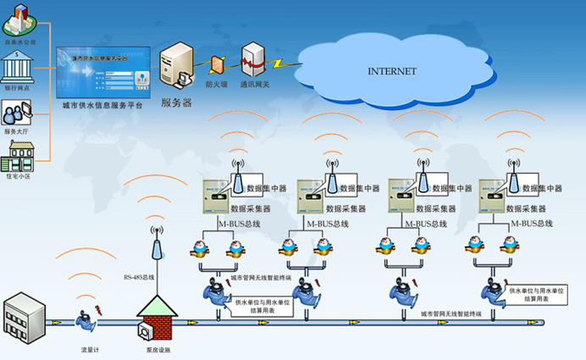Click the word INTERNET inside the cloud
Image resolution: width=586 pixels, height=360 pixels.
pos(391,70)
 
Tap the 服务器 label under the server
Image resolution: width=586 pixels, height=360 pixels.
pos(176,102)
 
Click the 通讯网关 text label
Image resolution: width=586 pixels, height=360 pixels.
pos(252,84)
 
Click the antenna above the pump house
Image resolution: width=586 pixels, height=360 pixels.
pos(155,246)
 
